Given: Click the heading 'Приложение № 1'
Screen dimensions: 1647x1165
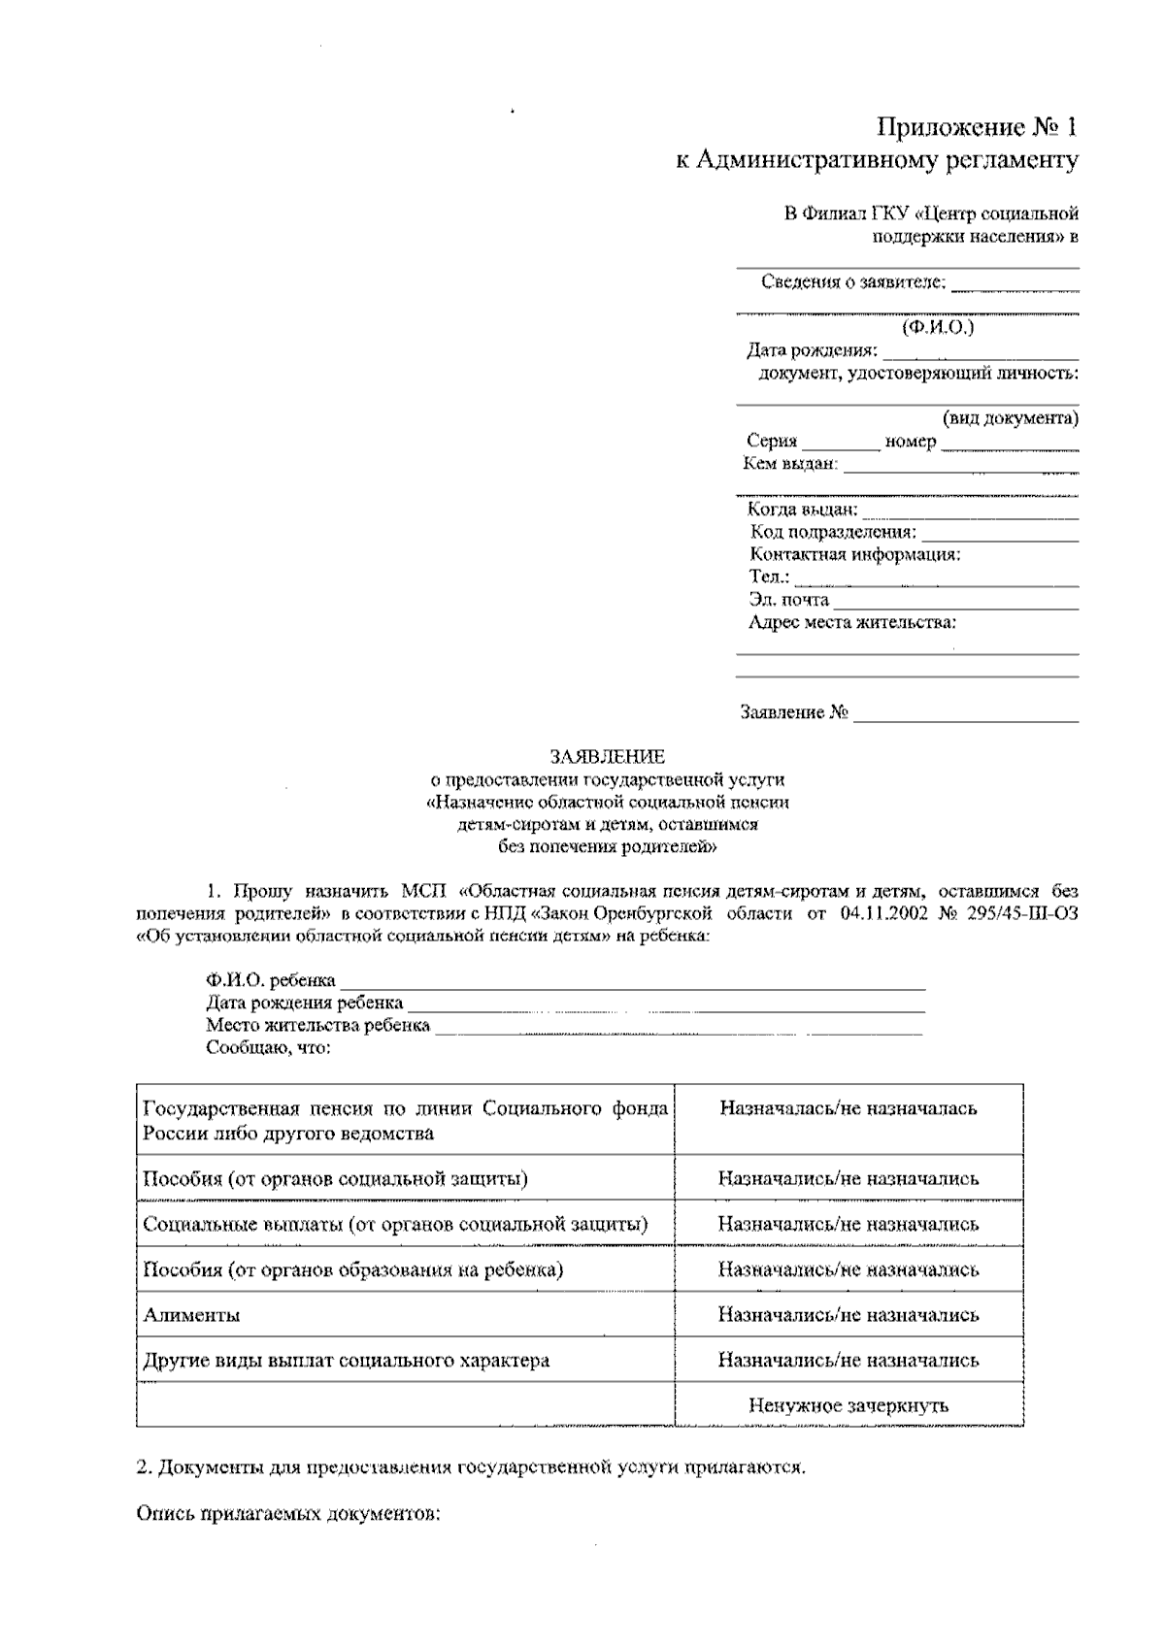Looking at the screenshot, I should pyautogui.click(x=977, y=127).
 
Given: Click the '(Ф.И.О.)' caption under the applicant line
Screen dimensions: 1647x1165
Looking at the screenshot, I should pyautogui.click(x=937, y=327).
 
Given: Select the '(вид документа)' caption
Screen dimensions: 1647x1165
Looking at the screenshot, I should pyautogui.click(x=1010, y=418).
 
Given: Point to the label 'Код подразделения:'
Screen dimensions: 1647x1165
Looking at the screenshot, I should pyautogui.click(x=832, y=532).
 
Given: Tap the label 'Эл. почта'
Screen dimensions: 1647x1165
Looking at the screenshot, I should pyautogui.click(x=788, y=600).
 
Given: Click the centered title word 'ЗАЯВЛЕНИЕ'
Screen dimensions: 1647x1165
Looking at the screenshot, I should pyautogui.click(x=608, y=756).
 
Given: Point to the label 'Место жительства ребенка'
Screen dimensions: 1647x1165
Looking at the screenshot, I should pyautogui.click(x=317, y=1026).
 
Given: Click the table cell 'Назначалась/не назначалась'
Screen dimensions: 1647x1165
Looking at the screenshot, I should pyautogui.click(x=848, y=1108).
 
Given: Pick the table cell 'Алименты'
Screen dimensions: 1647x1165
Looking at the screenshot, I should pyautogui.click(x=191, y=1315).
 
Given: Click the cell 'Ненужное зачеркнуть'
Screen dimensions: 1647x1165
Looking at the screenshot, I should pyautogui.click(x=848, y=1405).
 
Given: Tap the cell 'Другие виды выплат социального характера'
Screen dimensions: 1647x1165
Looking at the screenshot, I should pyautogui.click(x=346, y=1361).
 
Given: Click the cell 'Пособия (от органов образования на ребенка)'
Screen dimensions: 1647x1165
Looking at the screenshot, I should pyautogui.click(x=352, y=1269).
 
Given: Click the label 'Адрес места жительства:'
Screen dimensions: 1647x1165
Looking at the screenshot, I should pyautogui.click(x=852, y=622).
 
